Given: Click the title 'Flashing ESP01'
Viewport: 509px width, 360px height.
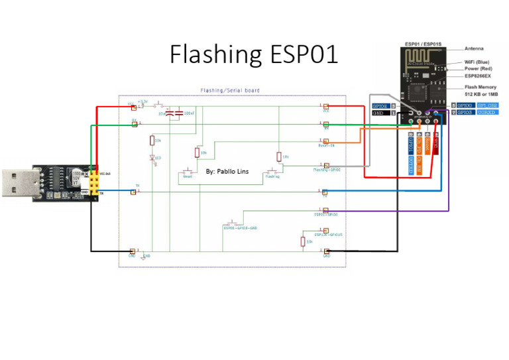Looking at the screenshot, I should point(254,55).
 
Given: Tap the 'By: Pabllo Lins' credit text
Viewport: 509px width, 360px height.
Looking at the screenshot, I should point(231,170).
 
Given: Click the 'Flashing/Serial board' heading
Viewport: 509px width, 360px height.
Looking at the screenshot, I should point(230,91).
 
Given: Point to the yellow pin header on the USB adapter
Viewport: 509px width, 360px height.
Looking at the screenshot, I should point(95,182).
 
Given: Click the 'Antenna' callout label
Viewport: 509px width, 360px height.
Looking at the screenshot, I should point(474,48).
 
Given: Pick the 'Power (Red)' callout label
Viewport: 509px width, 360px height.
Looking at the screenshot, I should point(478,69).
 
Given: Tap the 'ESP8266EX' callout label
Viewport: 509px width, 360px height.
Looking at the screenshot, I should point(477,76).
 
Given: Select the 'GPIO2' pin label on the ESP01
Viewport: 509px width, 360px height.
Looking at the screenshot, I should point(380,105).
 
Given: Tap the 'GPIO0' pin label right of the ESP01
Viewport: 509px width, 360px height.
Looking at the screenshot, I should point(465,105).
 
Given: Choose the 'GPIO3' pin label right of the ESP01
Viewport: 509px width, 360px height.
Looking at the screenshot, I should point(465,113).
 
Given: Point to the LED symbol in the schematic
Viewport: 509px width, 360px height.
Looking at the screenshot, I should point(152,157).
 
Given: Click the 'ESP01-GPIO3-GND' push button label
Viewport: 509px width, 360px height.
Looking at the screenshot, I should point(239,227).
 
